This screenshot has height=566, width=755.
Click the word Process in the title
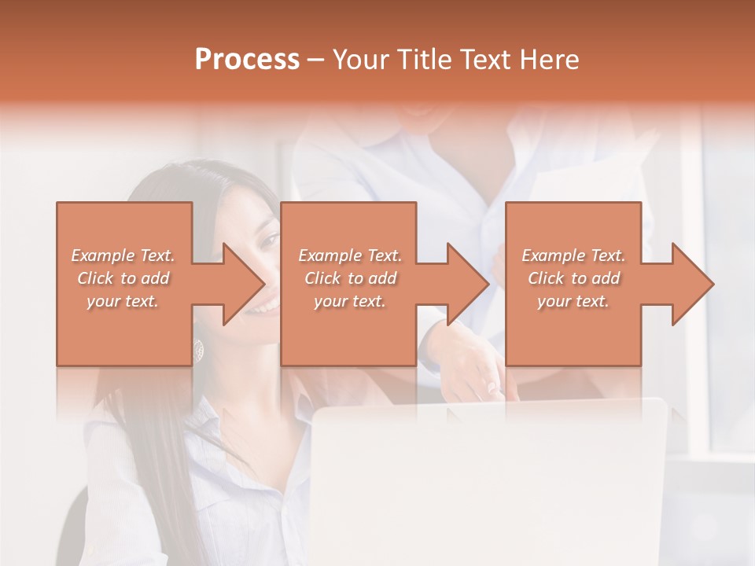pyautogui.click(x=247, y=60)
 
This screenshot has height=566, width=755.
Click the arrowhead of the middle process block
pyautogui.click(x=467, y=284)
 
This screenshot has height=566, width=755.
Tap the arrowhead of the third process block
pyautogui.click(x=692, y=284)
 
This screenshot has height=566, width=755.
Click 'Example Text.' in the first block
pyautogui.click(x=123, y=255)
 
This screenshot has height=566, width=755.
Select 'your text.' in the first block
pyautogui.click(x=123, y=301)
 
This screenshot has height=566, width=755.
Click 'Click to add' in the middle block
pyautogui.click(x=350, y=278)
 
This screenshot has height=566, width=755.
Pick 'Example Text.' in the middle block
pyautogui.click(x=350, y=255)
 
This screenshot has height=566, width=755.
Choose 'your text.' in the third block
pyautogui.click(x=573, y=301)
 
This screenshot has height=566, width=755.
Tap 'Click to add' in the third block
pyautogui.click(x=573, y=278)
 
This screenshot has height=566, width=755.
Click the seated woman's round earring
pyautogui.click(x=198, y=350)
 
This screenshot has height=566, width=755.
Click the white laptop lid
pyautogui.click(x=488, y=480)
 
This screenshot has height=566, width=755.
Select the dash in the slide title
pyautogui.click(x=315, y=60)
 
